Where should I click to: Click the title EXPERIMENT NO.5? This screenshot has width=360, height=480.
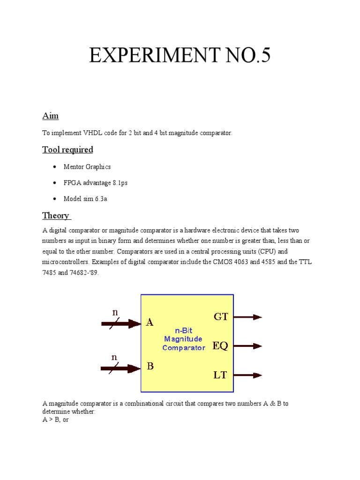[180, 56]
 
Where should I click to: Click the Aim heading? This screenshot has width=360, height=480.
[51, 116]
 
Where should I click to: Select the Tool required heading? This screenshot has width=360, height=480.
[67, 150]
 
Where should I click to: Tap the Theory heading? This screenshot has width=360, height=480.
[56, 216]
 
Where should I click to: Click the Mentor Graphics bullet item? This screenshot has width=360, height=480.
[87, 166]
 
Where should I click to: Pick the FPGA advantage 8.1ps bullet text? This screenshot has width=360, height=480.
[96, 183]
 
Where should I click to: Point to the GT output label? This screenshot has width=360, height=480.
[221, 317]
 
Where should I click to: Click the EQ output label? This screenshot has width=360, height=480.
[220, 346]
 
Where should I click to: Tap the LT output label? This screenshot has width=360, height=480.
[220, 375]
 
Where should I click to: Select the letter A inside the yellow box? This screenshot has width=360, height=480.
[150, 322]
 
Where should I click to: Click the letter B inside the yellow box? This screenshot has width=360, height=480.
[150, 367]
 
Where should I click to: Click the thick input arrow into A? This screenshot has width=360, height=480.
[121, 323]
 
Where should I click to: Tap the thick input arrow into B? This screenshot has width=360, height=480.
[121, 368]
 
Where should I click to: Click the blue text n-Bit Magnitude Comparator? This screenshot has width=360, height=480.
[183, 339]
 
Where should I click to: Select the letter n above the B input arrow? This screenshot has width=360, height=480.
[114, 357]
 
